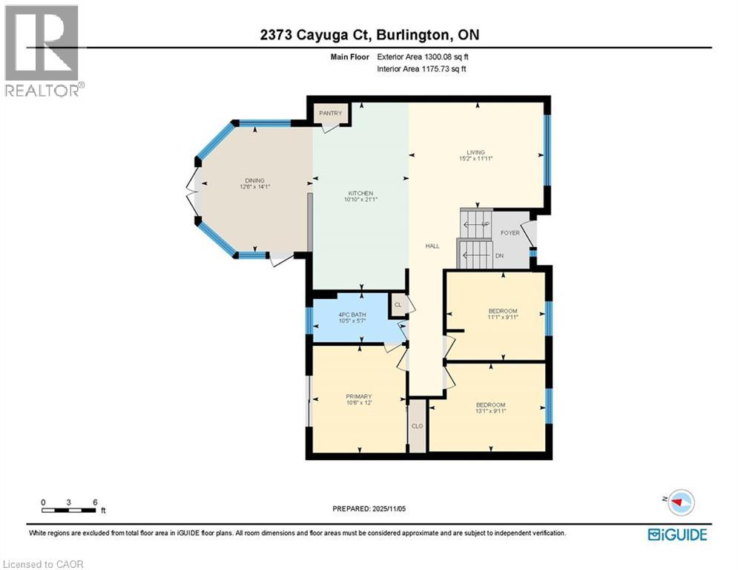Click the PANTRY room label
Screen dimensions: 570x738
330,114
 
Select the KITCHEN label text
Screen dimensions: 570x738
360,193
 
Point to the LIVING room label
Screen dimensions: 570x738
475,152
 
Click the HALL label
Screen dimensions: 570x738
432,246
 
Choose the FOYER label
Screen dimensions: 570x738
510,232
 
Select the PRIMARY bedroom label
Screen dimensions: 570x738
359,396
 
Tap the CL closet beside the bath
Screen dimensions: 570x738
398,305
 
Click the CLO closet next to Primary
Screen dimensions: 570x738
418,426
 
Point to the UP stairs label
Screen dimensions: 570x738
485,223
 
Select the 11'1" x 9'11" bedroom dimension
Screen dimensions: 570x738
502,317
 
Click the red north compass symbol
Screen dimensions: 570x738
677,502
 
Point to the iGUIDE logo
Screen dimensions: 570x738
676,534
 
